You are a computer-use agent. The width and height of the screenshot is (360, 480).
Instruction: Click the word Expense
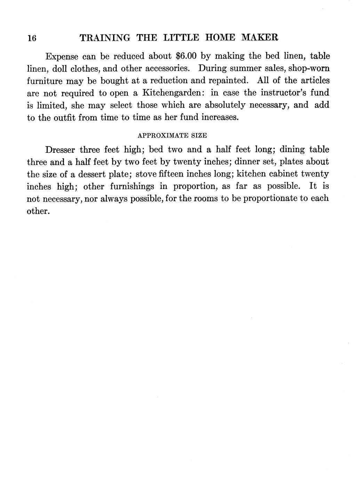(62, 56)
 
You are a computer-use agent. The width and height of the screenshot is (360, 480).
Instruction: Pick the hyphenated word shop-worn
(309, 69)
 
